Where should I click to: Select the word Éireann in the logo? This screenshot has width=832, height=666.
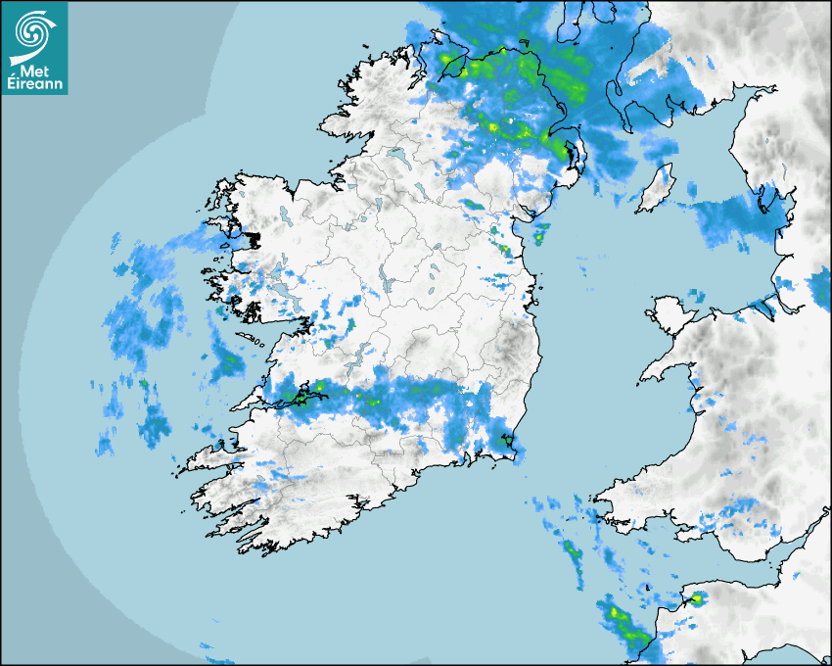pos(35,84)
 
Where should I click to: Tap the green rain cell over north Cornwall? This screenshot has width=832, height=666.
pos(696,598)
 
